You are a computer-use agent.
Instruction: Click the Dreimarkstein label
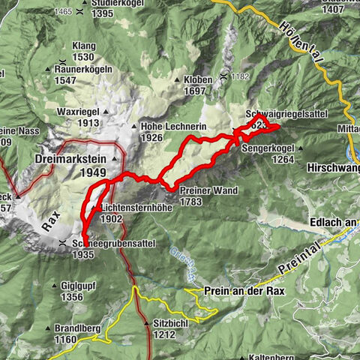(x=68, y=159)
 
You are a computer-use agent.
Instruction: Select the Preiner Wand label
(x=208, y=190)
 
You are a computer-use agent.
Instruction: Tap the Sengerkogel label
(x=267, y=148)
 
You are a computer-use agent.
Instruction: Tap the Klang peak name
(x=83, y=46)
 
